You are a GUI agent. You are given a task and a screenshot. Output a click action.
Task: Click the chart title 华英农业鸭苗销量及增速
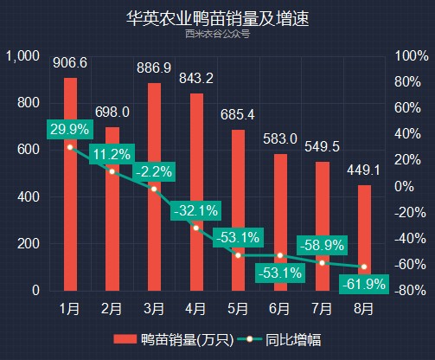(218, 18)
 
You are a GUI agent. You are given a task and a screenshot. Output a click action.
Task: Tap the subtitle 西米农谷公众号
(217, 34)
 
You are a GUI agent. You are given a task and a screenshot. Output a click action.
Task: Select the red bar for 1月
(70, 184)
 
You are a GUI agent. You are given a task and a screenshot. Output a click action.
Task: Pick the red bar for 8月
(364, 238)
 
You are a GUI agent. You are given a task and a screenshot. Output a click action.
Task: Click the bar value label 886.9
(154, 67)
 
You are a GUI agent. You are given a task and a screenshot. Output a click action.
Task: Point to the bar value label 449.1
(364, 170)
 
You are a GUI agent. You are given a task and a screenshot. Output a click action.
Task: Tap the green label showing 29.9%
(70, 129)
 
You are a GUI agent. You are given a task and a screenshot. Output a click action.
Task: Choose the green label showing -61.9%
(364, 285)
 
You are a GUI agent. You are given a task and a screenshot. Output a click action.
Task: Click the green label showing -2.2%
(154, 172)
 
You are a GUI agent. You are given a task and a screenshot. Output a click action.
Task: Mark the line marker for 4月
(196, 228)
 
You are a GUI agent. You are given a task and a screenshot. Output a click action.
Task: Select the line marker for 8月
(364, 267)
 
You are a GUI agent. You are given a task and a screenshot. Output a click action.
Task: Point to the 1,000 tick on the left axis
(22, 56)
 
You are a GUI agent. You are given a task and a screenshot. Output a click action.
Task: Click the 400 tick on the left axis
(29, 197)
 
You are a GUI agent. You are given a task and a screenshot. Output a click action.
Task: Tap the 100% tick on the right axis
(412, 55)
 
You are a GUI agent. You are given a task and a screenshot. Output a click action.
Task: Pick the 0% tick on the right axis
(404, 186)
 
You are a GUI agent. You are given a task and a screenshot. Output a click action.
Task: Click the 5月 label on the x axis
(238, 309)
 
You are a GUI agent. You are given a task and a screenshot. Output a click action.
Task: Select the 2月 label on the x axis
(112, 309)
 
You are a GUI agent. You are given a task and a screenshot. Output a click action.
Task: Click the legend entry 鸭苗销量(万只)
(174, 339)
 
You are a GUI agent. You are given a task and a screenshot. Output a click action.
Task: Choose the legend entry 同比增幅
(279, 339)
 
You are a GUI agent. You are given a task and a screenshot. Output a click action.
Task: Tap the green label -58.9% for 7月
(322, 246)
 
